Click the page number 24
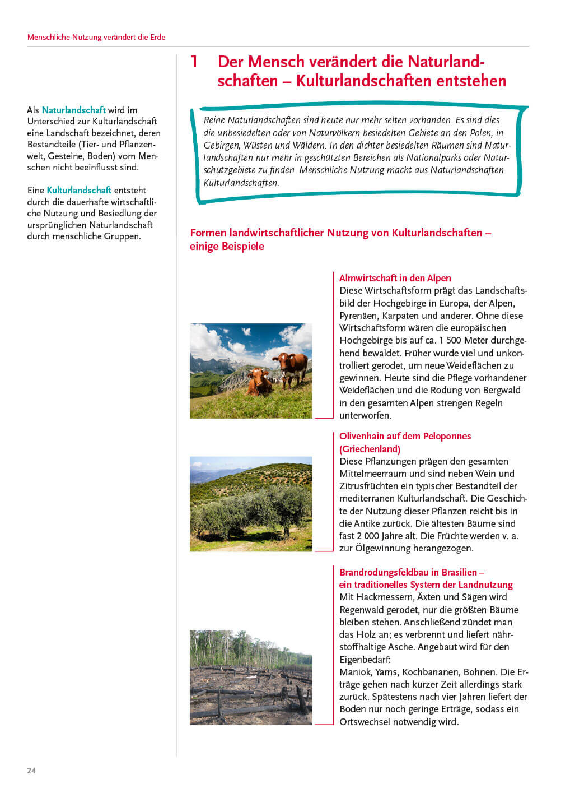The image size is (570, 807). pos(31,771)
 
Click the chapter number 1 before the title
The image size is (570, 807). pos(194,62)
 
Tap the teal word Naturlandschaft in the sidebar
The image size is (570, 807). pos(73,110)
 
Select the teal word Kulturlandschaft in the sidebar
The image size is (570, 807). pos(79,190)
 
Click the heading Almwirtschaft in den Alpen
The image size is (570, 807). pos(395,278)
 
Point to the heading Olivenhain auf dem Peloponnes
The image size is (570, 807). pos(405,436)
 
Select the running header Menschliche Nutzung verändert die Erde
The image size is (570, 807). pos(96,37)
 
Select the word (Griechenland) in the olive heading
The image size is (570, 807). pos(370,449)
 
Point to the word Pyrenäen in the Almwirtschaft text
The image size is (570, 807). pos(359,316)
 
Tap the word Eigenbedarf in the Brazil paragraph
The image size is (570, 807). pos(365,660)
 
